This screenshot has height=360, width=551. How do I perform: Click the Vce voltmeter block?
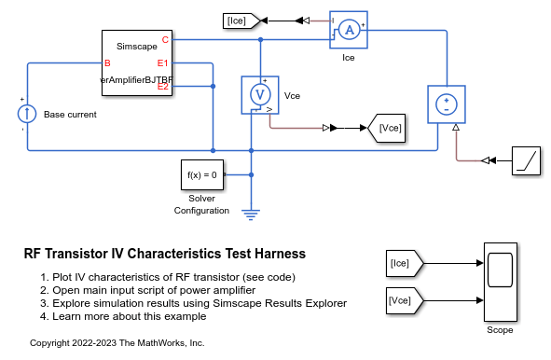262,95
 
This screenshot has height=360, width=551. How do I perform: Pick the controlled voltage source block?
447,104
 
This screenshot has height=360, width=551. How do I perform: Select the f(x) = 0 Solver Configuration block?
201,174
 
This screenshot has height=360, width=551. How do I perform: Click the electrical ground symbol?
250,213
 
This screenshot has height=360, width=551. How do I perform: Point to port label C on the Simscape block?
165,39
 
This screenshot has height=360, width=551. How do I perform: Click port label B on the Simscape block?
107,63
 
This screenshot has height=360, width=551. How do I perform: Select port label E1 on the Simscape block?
162,63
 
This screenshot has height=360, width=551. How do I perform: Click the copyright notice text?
117,343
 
